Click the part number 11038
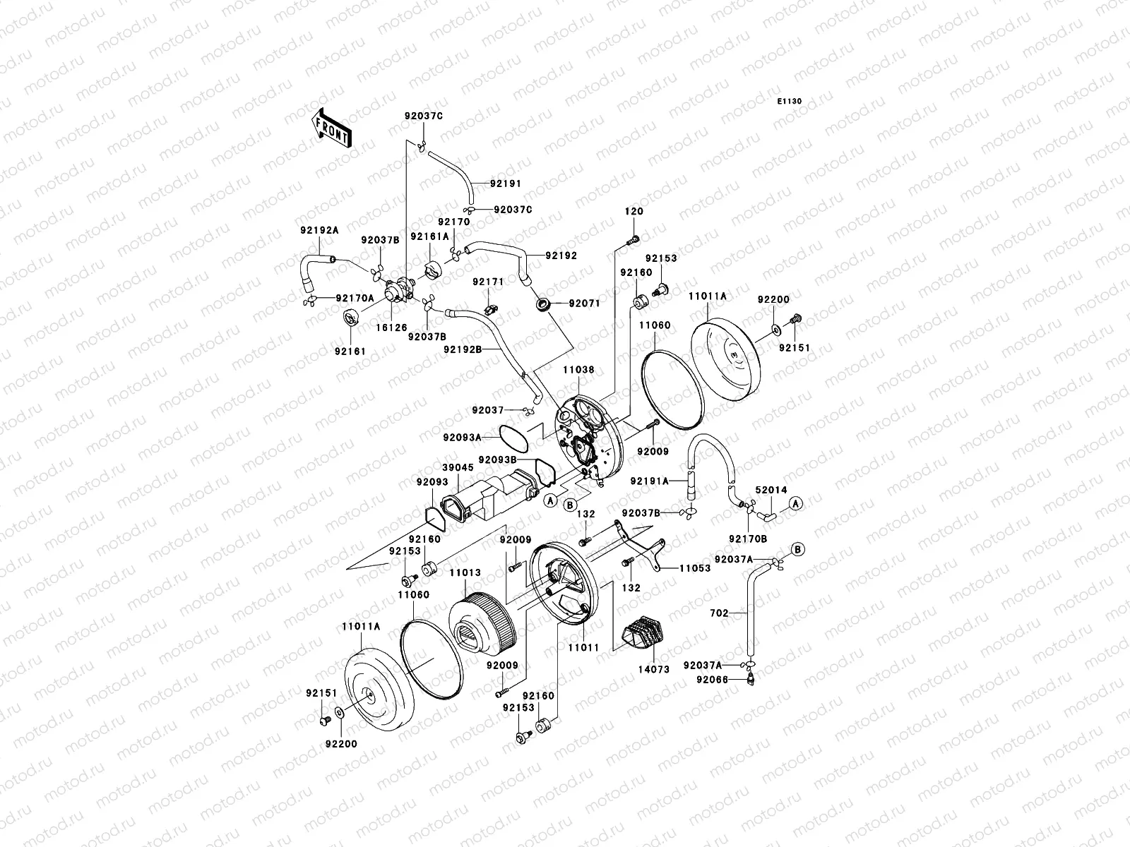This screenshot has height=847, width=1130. click(x=578, y=369)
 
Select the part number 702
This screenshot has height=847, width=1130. click(x=719, y=613)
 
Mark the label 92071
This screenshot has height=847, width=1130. click(x=583, y=304)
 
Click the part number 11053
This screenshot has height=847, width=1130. click(x=695, y=567)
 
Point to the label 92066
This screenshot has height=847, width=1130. click(x=711, y=680)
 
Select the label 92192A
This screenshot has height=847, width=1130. click(x=320, y=230)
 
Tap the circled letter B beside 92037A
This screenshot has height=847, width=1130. click(x=797, y=548)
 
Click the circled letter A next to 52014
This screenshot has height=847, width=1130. click(x=796, y=503)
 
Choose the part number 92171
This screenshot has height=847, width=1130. click(x=488, y=282)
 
